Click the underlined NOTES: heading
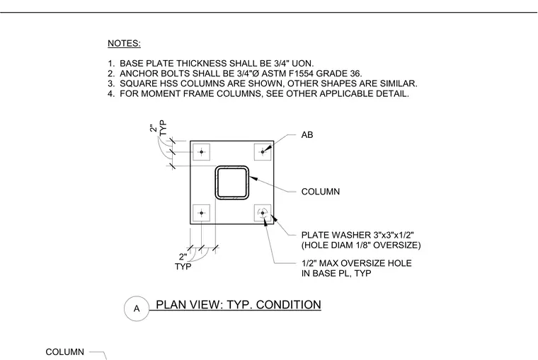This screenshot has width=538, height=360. tap(124, 44)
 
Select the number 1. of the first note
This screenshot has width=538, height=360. tap(111, 64)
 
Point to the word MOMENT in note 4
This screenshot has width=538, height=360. tap(159, 93)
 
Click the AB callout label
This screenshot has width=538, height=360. tap(307, 135)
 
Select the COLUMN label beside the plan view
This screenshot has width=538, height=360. tap(321, 191)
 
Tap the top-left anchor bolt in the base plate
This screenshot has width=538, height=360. tap(202, 152)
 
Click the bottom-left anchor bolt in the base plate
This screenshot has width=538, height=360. tap(202, 213)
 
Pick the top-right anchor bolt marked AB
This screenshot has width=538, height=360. tap(263, 152)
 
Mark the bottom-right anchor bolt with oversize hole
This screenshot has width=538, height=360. tap(263, 213)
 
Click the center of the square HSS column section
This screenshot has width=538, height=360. tap(232, 182)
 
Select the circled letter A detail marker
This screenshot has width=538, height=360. tap(137, 308)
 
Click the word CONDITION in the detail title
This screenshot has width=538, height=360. tap(289, 304)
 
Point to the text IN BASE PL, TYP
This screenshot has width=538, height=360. tap(336, 273)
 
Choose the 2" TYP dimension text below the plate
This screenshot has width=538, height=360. tap(183, 262)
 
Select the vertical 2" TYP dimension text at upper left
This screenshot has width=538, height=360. tap(158, 127)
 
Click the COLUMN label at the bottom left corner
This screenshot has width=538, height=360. tap(65, 352)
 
